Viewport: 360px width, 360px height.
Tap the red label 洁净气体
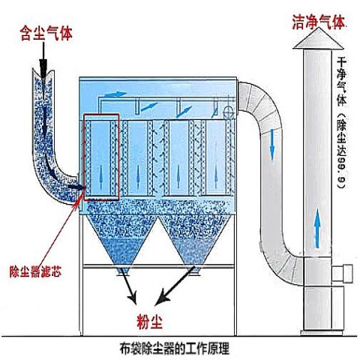[x=319, y=23]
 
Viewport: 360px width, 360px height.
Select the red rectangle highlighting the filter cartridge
[x=101, y=157]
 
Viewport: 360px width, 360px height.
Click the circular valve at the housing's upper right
[x=226, y=112]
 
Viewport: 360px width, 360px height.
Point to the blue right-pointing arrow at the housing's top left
[x=114, y=94]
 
